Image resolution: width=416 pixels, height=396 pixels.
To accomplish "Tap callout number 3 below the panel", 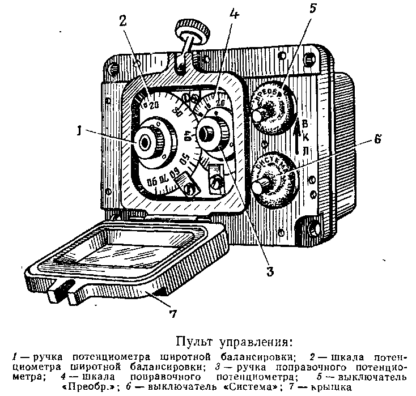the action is [x=270, y=271].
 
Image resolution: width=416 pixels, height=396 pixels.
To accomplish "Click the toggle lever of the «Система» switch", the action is [x=263, y=185].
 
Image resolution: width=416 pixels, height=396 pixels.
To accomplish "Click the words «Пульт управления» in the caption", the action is [x=235, y=342].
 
